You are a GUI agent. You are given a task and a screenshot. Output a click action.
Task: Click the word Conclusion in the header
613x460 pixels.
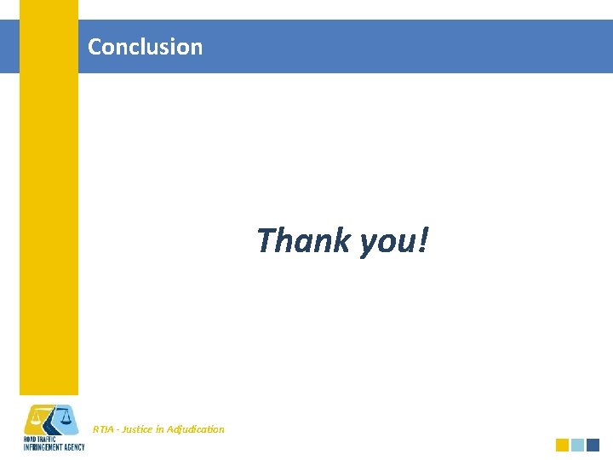(145, 47)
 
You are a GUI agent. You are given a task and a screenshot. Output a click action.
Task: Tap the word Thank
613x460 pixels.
(303, 240)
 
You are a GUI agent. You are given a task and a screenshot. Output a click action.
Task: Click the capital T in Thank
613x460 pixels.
(266, 240)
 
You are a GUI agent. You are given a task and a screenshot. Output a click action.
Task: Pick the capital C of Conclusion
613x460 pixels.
(95, 47)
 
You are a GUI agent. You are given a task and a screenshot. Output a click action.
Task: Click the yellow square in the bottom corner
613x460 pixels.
(562, 445)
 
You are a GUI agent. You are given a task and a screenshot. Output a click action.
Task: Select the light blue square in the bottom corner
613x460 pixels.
(577, 445)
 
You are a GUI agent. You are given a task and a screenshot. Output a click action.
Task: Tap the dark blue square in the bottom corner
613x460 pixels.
(593, 445)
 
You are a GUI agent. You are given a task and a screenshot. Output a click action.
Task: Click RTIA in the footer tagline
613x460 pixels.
(103, 429)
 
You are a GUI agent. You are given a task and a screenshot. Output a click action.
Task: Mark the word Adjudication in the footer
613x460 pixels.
(197, 429)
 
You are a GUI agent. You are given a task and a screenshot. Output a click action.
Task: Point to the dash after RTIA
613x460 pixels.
(117, 429)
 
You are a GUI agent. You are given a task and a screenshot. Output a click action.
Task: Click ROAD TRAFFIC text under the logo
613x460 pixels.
(39, 439)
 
